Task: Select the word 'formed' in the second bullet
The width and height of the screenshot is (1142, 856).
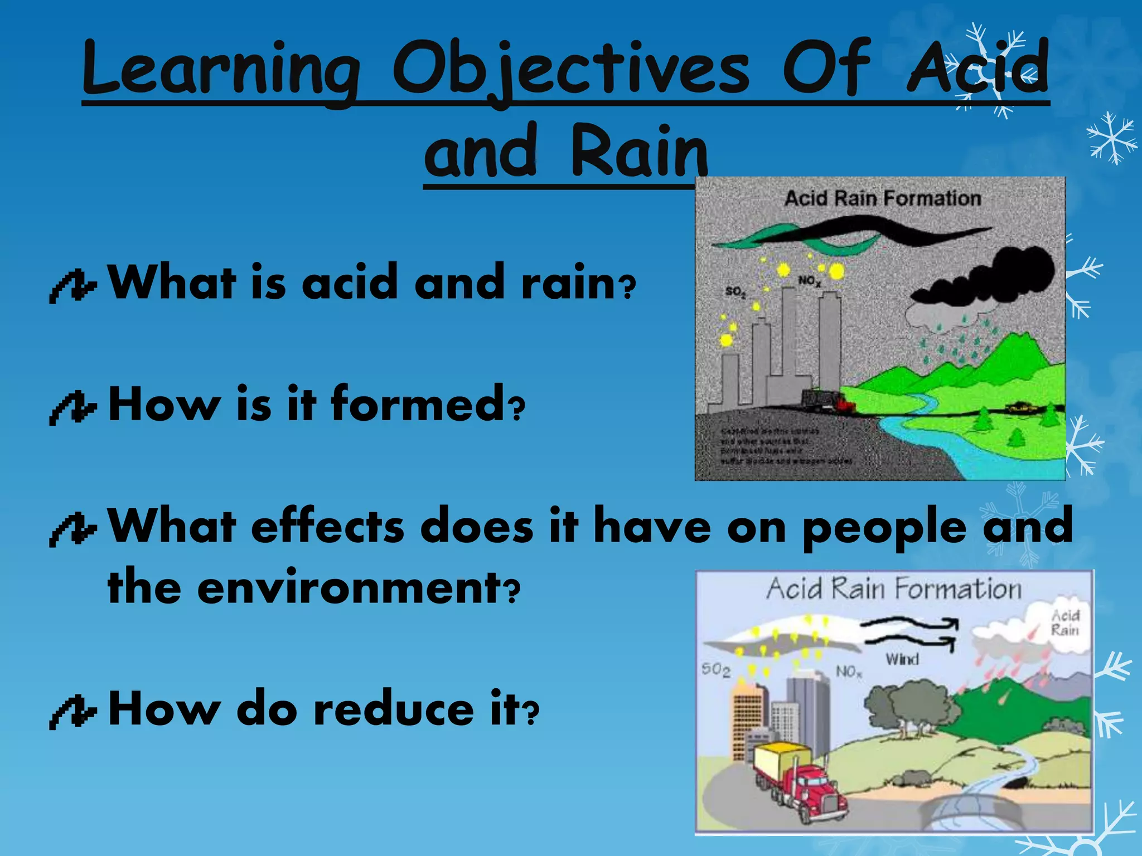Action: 418,404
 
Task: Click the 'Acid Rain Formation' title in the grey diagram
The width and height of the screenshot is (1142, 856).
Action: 882,198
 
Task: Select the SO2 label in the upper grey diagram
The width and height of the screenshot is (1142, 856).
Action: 735,292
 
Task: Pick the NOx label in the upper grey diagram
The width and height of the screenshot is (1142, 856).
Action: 809,281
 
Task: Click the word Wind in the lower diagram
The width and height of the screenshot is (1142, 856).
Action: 902,659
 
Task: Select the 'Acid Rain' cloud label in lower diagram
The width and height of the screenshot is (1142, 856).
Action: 1065,622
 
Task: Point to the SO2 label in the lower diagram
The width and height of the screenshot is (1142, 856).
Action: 715,669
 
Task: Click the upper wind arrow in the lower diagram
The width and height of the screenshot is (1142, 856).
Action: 909,623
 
